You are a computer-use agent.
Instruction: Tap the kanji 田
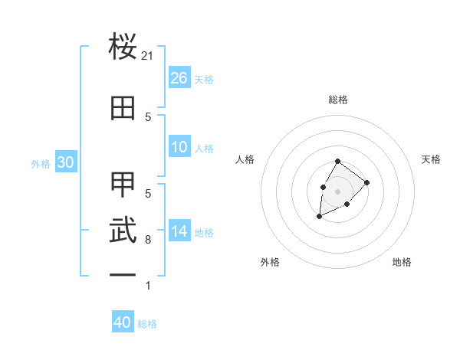[x=123, y=108]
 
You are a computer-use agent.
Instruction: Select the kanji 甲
[x=123, y=185]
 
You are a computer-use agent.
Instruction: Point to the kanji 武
[x=123, y=231]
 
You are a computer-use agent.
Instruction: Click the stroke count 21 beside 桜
[x=148, y=56]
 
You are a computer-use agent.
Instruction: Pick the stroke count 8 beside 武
[x=148, y=240]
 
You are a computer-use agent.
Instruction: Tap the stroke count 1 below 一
[x=148, y=286]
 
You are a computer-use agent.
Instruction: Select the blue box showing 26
[x=179, y=78]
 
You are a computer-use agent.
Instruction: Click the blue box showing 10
[x=179, y=148]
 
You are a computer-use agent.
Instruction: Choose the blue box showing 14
[x=179, y=231]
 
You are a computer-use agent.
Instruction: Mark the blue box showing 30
[x=65, y=162]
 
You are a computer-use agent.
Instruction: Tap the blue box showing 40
[x=123, y=322]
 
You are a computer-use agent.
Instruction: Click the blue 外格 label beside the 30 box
[x=41, y=163]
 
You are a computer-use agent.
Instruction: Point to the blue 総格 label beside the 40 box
[x=147, y=324]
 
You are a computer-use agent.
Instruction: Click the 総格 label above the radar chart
[x=338, y=100]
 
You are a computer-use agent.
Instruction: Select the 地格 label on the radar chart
[x=402, y=262]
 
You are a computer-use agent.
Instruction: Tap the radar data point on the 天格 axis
[x=367, y=182]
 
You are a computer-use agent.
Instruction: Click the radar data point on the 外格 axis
[x=320, y=217]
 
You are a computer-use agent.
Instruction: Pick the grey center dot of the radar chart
[x=338, y=191]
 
